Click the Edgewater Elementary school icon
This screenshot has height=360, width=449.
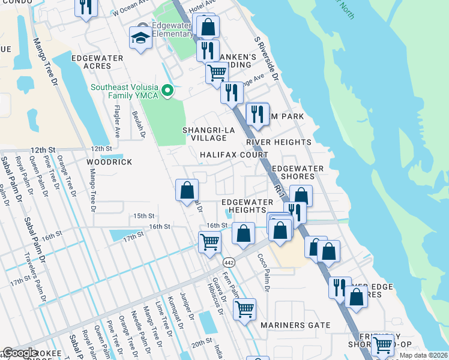point(140,38)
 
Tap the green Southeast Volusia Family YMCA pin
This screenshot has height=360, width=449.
point(169,91)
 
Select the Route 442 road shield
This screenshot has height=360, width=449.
point(229,262)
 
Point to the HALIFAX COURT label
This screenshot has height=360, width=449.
point(234,155)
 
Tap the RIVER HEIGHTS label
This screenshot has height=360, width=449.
point(279,142)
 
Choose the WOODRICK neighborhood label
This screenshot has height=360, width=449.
point(109,162)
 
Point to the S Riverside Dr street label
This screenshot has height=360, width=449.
point(267,59)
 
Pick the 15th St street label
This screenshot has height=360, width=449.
point(144,215)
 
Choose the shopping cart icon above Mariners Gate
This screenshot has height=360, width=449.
point(244,310)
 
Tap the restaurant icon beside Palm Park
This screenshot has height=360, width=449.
point(258,113)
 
